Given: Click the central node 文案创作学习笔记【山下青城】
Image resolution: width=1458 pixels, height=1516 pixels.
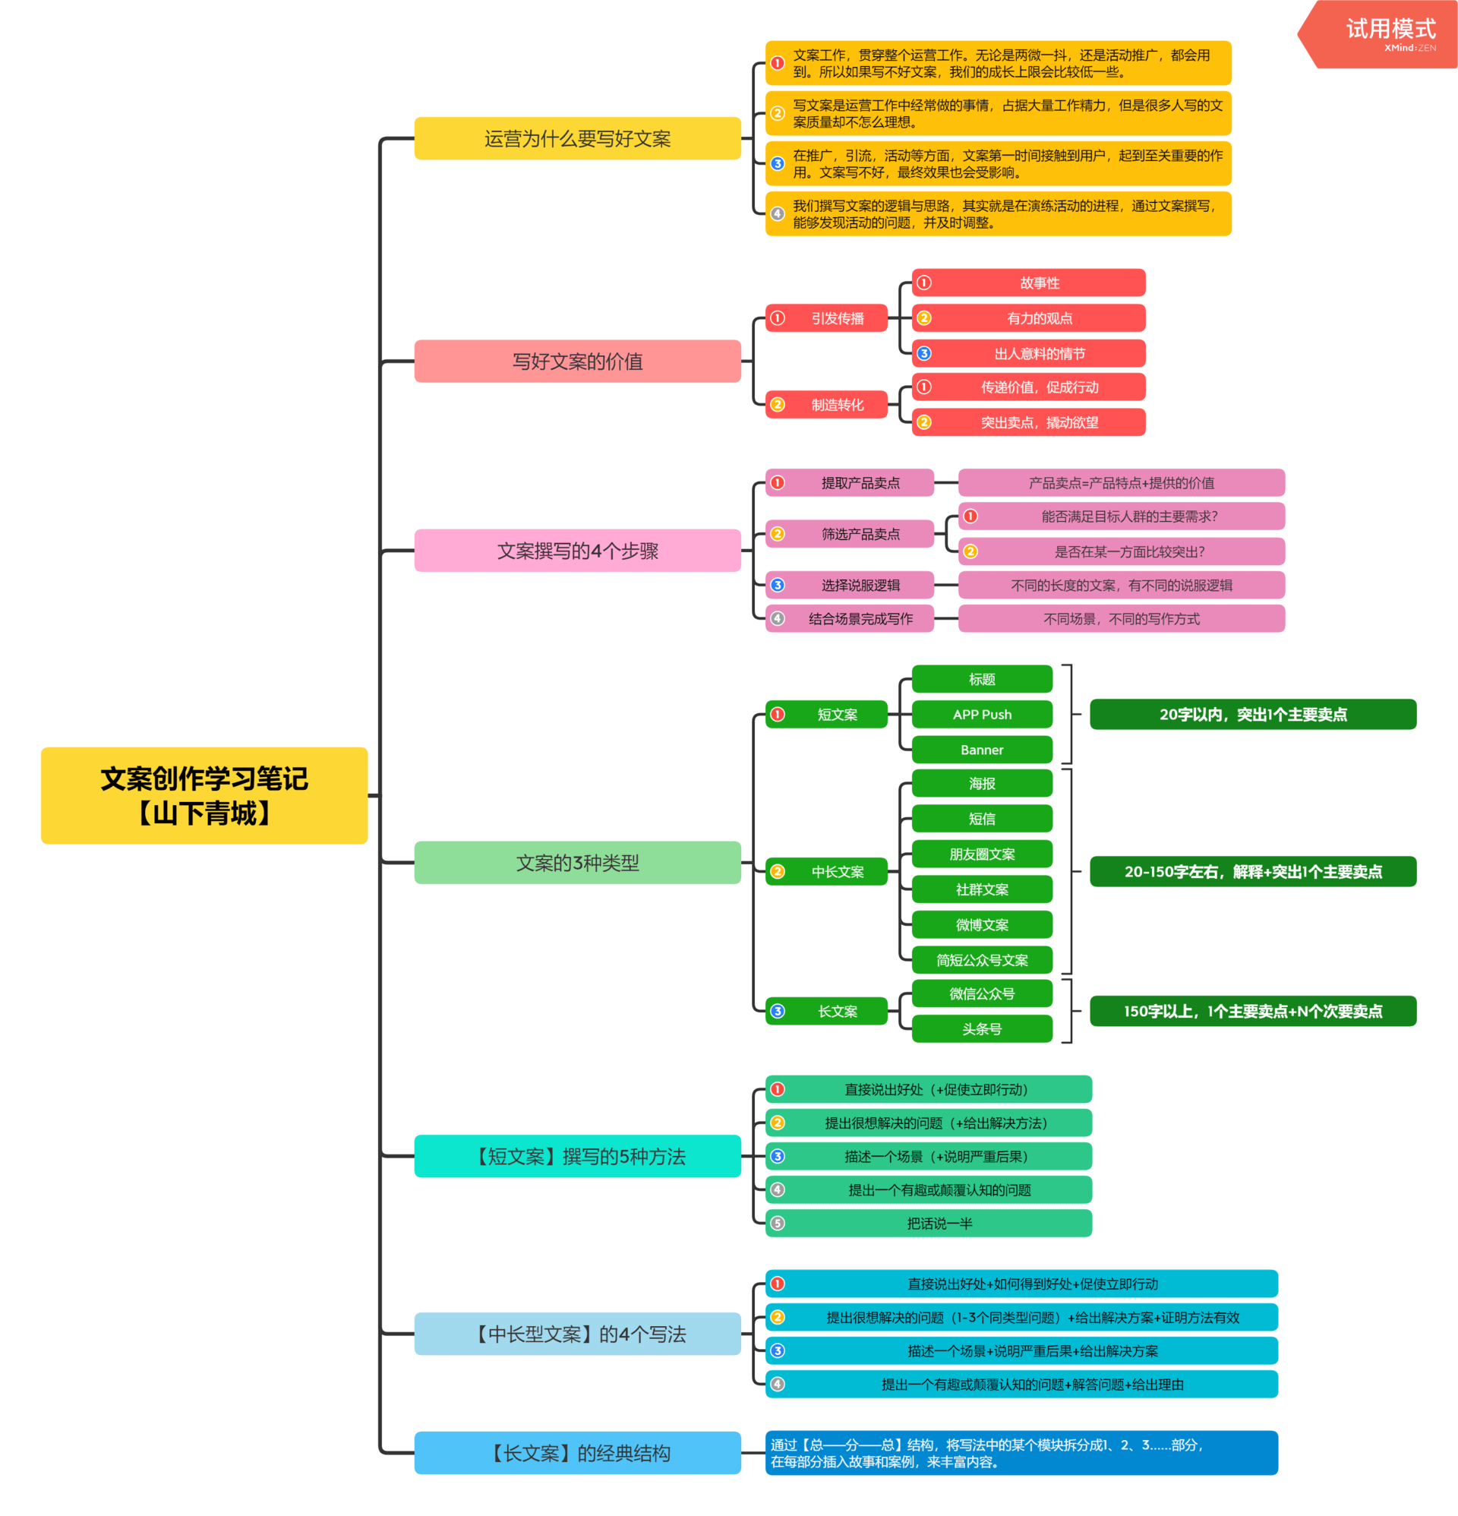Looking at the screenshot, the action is coord(204,795).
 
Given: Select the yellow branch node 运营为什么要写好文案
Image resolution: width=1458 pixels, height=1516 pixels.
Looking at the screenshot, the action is coord(577,138).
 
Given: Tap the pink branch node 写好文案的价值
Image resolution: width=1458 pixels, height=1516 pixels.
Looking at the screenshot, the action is coord(577,362).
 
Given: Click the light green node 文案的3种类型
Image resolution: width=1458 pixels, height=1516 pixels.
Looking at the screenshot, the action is coord(577,862).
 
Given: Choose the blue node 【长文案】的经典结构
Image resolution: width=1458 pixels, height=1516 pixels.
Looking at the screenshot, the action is coord(577,1452).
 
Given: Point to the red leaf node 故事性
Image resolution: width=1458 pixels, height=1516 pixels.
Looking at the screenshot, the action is coord(1039,283).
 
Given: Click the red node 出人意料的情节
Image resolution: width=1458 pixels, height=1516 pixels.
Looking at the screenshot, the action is coord(1039,353).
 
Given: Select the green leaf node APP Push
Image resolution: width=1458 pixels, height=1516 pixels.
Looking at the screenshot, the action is coord(982,714).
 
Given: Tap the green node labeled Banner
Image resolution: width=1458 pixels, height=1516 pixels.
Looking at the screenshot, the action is coord(982,750).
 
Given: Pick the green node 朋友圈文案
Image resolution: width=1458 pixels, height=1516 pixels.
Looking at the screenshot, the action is coord(982,854).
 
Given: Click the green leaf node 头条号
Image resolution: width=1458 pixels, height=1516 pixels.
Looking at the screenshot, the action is coord(982,1028).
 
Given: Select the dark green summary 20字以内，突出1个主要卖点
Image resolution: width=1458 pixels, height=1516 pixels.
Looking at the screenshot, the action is coord(1252,714).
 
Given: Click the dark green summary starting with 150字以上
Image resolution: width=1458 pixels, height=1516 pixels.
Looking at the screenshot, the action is coord(1252,1011).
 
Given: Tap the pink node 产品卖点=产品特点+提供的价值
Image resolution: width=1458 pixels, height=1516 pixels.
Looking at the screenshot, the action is coord(1121,482).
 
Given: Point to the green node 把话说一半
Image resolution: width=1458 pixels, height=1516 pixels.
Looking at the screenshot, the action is coord(939,1223).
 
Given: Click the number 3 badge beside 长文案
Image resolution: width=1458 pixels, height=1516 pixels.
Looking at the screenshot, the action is coord(778,1011).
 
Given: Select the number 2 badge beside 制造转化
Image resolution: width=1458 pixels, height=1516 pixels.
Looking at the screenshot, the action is coord(778,405).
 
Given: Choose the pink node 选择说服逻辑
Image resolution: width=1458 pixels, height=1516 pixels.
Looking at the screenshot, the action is coord(860,585).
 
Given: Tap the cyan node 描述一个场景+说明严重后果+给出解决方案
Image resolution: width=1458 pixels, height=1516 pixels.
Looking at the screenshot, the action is coord(1032,1350).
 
